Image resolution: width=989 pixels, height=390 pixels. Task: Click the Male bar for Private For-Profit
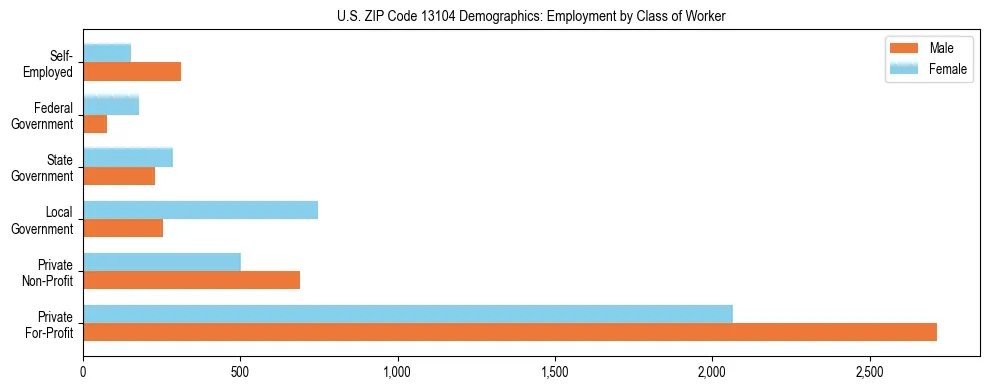point(510,332)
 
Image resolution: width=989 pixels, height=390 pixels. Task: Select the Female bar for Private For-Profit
point(408,314)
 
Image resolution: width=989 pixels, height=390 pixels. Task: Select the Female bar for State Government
point(128,158)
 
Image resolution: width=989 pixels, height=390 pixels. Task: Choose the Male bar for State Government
point(119,176)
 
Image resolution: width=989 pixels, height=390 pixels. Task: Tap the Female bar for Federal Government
point(111,106)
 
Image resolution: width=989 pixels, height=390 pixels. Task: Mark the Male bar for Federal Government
point(95,124)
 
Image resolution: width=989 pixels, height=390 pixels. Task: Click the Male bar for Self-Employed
point(132,72)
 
